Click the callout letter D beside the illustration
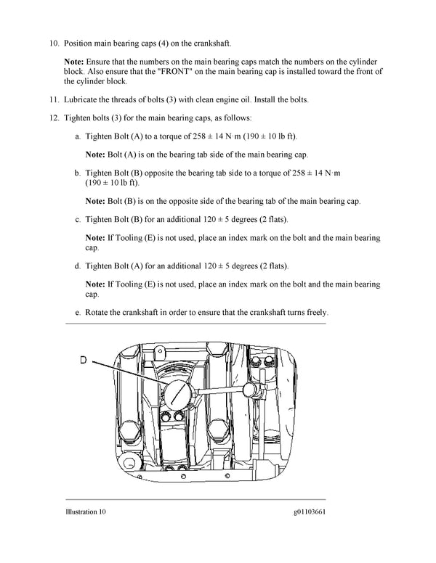(x=83, y=358)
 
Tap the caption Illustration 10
(x=86, y=511)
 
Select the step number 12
(x=54, y=118)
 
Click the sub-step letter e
(x=78, y=313)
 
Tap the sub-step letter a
(x=78, y=136)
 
